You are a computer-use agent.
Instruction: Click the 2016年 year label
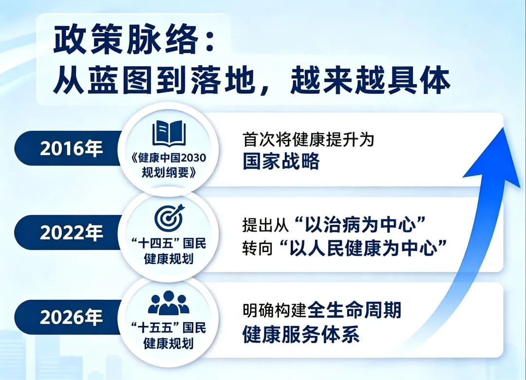tap(71, 148)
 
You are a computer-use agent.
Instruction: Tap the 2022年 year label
tap(71, 232)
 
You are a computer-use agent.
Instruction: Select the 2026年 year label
tap(71, 317)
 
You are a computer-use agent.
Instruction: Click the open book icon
tap(169, 133)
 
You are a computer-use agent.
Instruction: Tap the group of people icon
tap(169, 303)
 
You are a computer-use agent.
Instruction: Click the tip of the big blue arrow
tap(504, 127)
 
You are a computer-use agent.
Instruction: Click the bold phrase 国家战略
tap(281, 162)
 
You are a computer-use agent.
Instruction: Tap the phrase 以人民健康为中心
tap(363, 248)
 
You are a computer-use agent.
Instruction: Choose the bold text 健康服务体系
tap(301, 334)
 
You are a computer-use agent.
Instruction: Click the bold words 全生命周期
tap(354, 310)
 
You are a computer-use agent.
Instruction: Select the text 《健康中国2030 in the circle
tap(169, 158)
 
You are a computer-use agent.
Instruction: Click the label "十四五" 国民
tap(169, 243)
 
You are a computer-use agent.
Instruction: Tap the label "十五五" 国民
tap(169, 328)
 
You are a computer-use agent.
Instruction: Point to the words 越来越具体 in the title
tap(370, 81)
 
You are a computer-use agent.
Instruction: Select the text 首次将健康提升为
tap(308, 140)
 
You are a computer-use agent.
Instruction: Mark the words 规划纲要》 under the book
tap(169, 173)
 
